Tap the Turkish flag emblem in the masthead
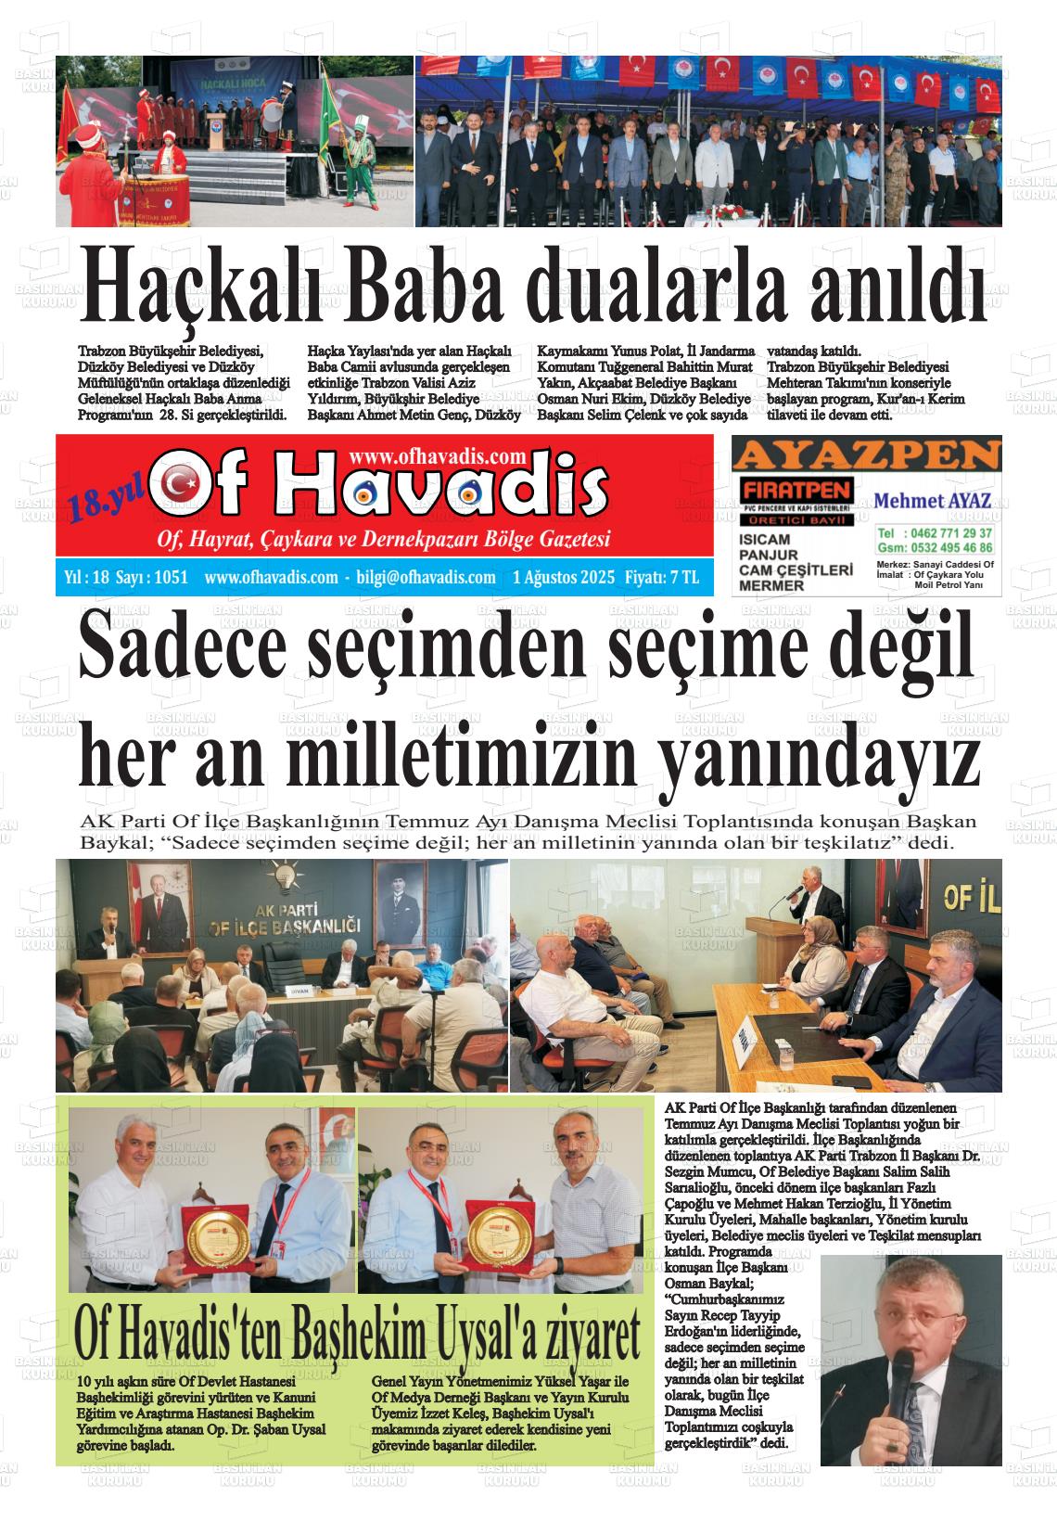(x=179, y=483)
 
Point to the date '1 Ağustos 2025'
(x=564, y=578)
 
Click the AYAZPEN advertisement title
(x=866, y=455)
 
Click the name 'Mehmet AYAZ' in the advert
(x=933, y=502)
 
